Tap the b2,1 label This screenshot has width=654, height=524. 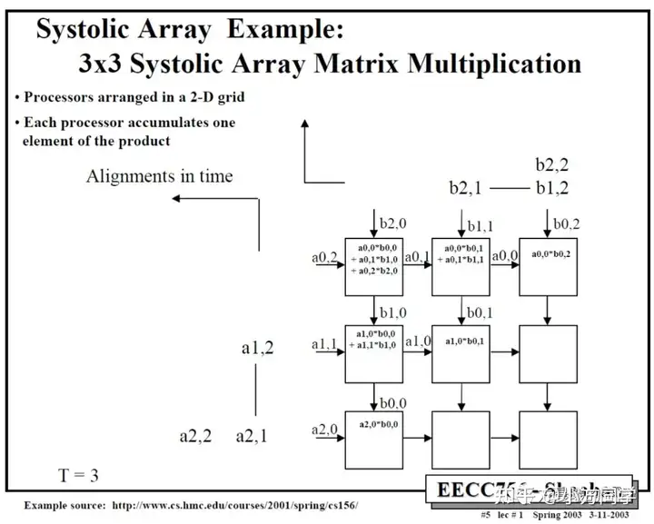coord(470,188)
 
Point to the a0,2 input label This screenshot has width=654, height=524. coord(325,259)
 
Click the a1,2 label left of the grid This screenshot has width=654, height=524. coord(257,347)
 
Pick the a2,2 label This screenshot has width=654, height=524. coord(195,436)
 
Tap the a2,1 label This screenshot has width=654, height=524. coord(252,436)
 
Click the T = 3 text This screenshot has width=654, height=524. coord(78,476)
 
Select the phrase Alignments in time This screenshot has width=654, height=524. coord(159,176)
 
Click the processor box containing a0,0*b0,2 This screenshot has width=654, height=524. coord(548,267)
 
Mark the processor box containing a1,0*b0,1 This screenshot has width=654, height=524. coord(461,353)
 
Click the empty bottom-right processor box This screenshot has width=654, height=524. coord(548,440)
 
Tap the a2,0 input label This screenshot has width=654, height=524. coord(324,430)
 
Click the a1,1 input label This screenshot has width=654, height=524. coord(325,344)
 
